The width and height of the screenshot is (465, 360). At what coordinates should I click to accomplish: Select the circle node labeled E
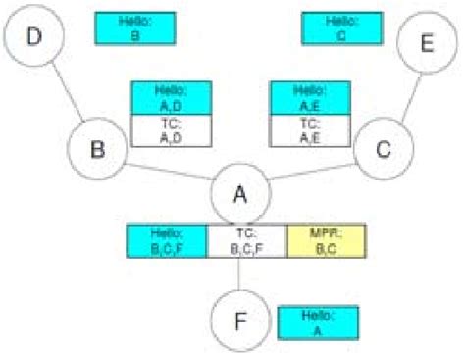pyautogui.click(x=425, y=45)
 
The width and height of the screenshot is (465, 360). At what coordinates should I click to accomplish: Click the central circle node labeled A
pyautogui.click(x=238, y=193)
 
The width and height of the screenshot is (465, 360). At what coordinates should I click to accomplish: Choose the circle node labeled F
pyautogui.click(x=239, y=321)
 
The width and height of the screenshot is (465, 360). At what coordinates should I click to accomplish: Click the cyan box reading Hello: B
pyautogui.click(x=134, y=27)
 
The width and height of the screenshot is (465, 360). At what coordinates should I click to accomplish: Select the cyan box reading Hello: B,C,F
pyautogui.click(x=167, y=241)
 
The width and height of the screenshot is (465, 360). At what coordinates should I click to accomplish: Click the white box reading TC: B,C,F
pyautogui.click(x=246, y=241)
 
